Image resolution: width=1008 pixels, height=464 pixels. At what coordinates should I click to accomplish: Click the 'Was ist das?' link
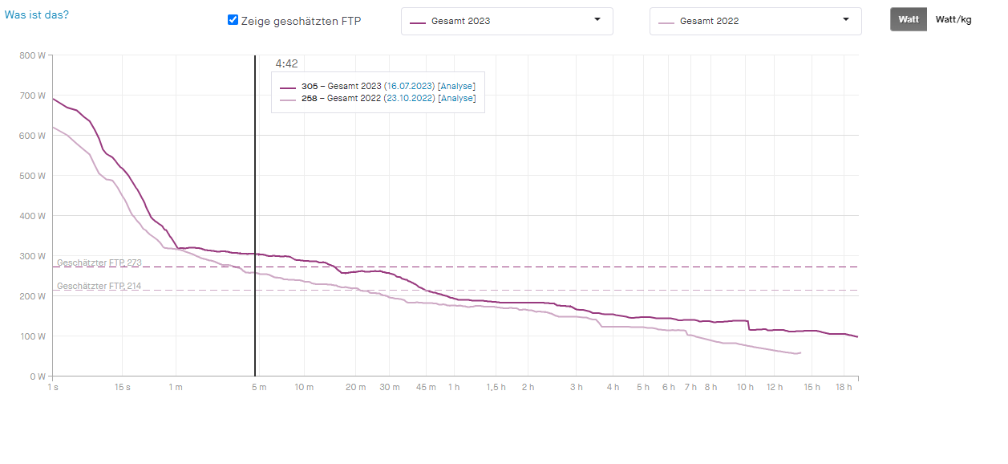point(37,14)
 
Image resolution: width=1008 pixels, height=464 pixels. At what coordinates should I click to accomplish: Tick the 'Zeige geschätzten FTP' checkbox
point(233,20)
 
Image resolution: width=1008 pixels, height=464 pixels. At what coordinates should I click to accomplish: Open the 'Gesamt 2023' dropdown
point(507,21)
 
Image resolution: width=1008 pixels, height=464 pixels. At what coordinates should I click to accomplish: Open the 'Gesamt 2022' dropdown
point(755,21)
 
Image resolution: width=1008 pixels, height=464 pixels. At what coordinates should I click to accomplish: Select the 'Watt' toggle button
point(909,19)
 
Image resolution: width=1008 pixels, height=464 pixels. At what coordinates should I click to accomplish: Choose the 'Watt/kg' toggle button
point(953,19)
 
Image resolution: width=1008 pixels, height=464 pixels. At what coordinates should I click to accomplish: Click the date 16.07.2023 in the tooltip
point(409,86)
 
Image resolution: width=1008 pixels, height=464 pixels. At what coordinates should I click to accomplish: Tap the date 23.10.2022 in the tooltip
point(409,98)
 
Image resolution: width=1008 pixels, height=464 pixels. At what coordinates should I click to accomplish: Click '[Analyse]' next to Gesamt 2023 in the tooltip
point(456,86)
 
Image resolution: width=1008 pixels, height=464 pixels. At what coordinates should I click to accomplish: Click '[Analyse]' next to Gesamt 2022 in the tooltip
point(456,98)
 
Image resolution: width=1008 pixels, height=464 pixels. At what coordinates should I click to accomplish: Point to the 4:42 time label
point(287,64)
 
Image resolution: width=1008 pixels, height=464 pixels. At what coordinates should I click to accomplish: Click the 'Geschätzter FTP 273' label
point(99,263)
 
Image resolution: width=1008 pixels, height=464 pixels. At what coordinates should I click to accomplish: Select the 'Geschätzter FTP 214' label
point(99,286)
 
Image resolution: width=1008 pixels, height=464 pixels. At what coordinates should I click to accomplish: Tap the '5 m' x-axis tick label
point(258,387)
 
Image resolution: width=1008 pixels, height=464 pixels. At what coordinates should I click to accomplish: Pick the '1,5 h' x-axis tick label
point(496,387)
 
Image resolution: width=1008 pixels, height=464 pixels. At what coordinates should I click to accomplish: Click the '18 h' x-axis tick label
point(844,387)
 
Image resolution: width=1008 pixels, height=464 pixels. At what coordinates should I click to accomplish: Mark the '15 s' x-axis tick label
point(123,387)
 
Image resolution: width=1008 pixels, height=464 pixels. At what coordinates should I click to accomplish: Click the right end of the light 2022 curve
point(800,352)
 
